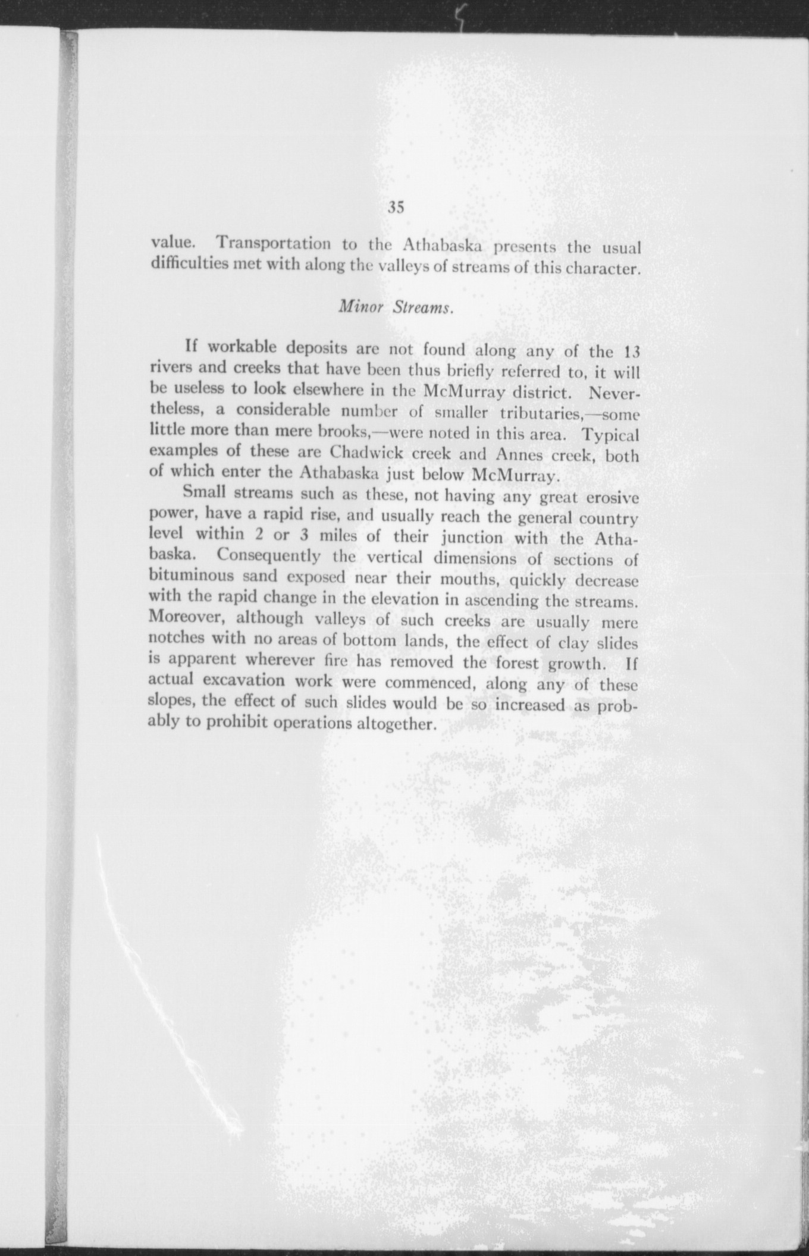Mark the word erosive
pos(612,497)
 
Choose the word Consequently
pos(269,556)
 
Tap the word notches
pos(177,639)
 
